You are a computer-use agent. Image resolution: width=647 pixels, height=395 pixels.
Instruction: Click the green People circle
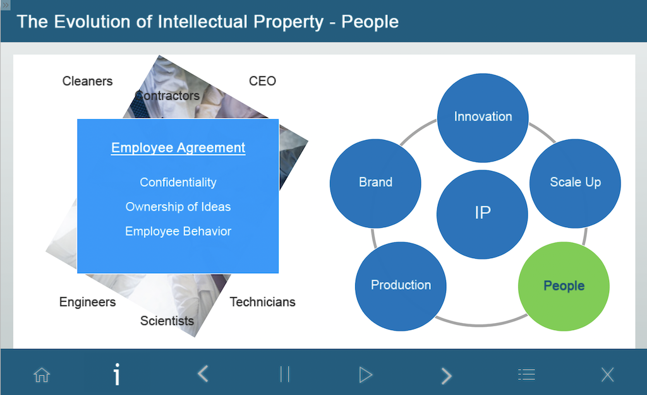point(564,286)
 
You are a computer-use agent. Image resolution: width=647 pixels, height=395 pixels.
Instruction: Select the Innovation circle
point(483,118)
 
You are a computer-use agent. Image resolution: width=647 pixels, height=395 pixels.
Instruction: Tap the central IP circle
point(482,214)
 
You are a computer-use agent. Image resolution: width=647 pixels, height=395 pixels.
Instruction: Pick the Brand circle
point(375,183)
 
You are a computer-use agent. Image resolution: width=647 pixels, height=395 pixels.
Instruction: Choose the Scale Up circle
point(575,183)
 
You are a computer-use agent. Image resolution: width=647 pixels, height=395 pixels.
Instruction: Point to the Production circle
point(401,286)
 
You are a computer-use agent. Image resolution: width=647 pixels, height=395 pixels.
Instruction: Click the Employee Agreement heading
point(178,148)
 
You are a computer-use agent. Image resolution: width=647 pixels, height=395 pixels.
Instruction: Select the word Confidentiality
point(178,182)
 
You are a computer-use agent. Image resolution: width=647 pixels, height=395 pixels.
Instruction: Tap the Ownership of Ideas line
point(178,207)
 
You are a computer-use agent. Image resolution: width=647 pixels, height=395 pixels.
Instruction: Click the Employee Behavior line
point(178,232)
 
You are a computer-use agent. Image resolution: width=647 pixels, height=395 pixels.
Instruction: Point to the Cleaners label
point(87,81)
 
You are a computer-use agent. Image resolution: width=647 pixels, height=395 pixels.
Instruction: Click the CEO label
point(262,81)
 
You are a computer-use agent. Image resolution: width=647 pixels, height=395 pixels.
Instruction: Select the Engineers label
point(87,302)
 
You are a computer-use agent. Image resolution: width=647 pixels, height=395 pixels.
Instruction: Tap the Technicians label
point(262,302)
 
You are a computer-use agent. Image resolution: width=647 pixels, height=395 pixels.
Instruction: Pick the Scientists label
point(167,321)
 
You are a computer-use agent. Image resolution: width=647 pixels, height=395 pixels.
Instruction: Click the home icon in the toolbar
point(42,375)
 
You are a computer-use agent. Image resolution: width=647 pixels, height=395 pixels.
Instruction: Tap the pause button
point(285,374)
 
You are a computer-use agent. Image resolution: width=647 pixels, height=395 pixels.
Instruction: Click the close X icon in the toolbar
point(607,375)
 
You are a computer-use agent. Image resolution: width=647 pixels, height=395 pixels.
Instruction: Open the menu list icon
point(526,374)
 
